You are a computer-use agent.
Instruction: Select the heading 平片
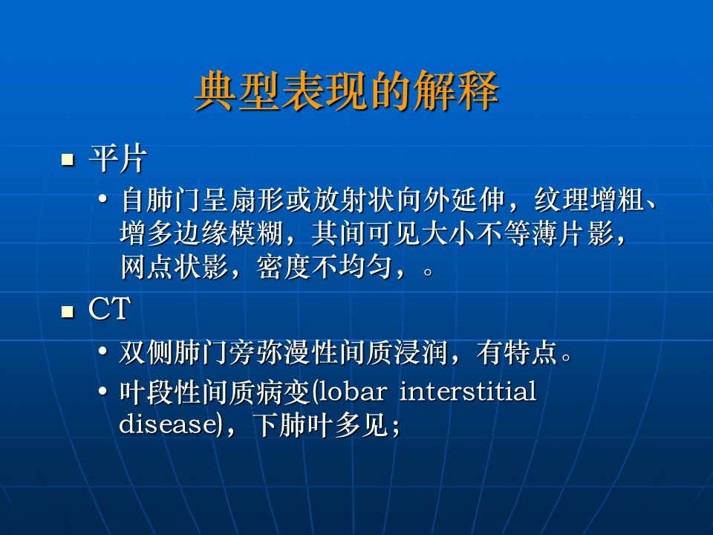[118, 159]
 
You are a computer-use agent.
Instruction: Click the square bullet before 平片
[68, 160]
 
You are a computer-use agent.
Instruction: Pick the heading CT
[110, 309]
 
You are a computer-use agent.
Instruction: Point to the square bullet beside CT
[68, 311]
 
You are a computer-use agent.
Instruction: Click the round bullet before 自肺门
[103, 199]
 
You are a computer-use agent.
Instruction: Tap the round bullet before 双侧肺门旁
[103, 351]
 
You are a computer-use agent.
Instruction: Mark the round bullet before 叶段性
[103, 392]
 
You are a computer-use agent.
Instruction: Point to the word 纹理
[561, 200]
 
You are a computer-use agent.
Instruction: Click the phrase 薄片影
[573, 233]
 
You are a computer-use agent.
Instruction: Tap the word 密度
[284, 267]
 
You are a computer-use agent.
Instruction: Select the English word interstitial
[468, 392]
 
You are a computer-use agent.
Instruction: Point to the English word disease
[167, 424]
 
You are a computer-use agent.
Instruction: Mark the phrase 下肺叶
[293, 424]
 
